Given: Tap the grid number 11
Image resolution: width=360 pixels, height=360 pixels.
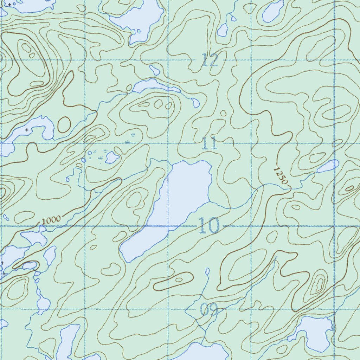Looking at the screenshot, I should (x=210, y=143).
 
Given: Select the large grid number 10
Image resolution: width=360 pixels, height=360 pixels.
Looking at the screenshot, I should (x=209, y=225).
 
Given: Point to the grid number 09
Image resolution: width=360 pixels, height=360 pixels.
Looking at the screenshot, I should (x=209, y=310).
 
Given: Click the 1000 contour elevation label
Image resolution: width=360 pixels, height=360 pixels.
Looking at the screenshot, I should (x=51, y=220).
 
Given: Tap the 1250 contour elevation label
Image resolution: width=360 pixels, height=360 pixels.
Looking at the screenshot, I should (x=281, y=175).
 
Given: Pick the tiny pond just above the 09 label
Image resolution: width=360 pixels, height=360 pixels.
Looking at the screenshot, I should (x=207, y=271).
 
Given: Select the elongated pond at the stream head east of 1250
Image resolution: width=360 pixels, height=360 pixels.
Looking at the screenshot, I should (x=328, y=166).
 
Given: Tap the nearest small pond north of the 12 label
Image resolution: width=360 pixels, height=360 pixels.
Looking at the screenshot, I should (x=222, y=30).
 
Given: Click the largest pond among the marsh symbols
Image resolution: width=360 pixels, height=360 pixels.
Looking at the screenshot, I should (x=112, y=157).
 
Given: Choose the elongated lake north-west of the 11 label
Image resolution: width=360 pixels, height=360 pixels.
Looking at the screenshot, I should (x=151, y=85).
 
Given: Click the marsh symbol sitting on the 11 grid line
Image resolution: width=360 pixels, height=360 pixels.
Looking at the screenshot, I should (x=127, y=142).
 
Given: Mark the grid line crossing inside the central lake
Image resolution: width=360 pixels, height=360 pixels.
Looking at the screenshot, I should (x=168, y=226).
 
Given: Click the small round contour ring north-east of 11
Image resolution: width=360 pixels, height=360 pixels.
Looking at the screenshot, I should (x=223, y=113).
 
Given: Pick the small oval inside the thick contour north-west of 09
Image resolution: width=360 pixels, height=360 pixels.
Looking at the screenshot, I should (x=179, y=280).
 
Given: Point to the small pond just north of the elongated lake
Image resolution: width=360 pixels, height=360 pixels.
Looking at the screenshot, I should (x=155, y=70).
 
